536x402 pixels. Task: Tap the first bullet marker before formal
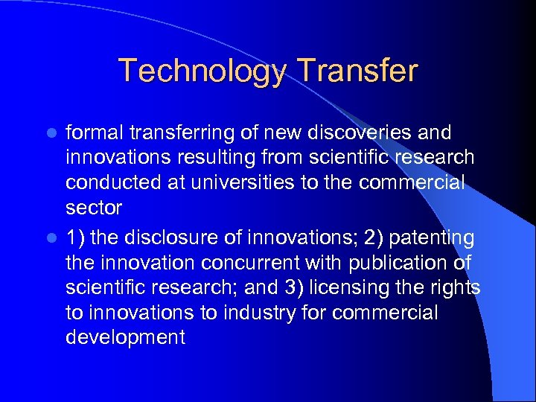coord(52,133)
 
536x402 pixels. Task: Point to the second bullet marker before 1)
coord(52,238)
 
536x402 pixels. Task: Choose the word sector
coord(93,207)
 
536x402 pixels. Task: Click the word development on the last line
coord(125,336)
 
